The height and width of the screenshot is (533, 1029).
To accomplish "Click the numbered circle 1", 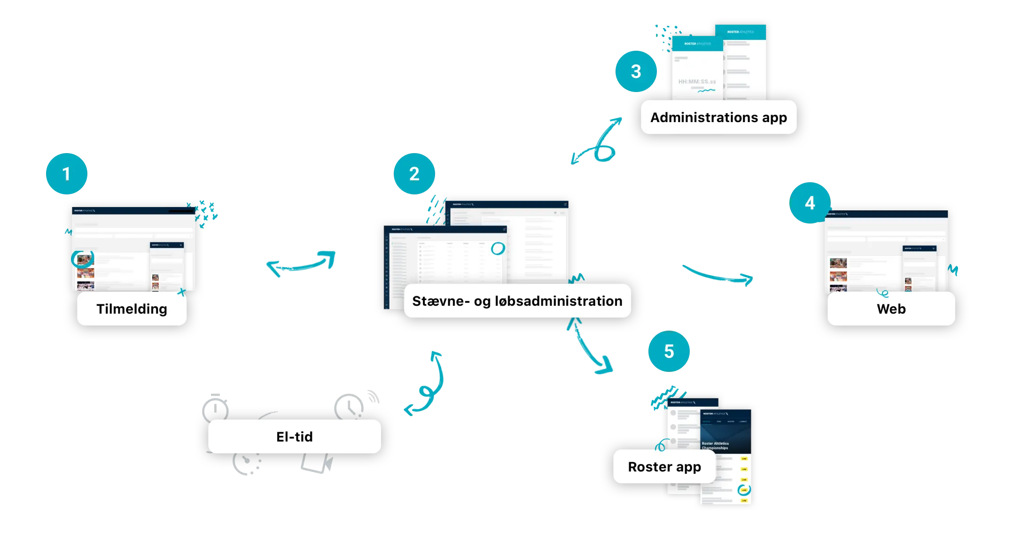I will coord(67,174).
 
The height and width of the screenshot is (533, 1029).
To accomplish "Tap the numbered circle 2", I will coord(414,174).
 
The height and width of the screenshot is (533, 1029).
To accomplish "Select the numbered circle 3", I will coord(636,71).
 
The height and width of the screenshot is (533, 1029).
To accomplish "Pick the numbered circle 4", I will coord(810,203).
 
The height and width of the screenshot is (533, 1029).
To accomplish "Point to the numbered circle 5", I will coord(669,351).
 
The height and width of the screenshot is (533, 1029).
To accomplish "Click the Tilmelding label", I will coord(132,309).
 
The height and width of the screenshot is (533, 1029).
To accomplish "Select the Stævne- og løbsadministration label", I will coord(517,301).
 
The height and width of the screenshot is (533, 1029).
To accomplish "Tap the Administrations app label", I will coord(718,117).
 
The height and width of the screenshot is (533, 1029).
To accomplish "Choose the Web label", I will coord(891,309).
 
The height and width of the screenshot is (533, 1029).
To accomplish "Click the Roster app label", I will coord(664,466).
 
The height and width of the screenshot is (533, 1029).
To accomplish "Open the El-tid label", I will coord(294,436).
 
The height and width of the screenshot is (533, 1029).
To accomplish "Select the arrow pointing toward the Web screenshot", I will coord(718,275).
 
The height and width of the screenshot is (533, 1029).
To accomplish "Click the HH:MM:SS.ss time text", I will coord(697,82).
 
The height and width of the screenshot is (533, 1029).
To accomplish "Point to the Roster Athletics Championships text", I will coord(715,446).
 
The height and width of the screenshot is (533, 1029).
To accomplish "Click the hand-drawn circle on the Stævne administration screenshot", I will coord(498,248).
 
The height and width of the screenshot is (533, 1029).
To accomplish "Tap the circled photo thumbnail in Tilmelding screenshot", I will coord(83,259).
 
